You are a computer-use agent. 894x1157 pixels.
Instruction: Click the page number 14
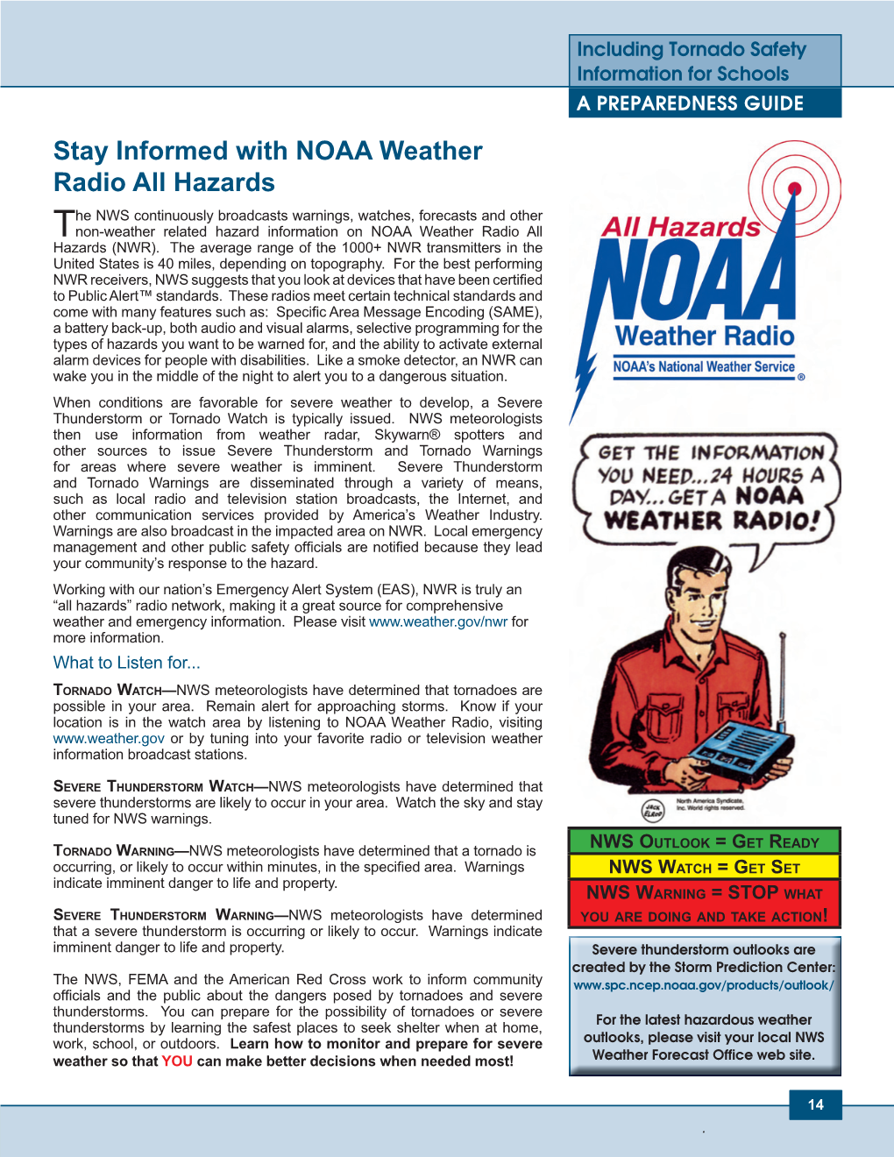click(x=815, y=1104)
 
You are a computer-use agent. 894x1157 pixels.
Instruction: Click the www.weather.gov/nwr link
click(x=438, y=621)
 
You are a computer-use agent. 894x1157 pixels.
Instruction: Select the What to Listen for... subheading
click(x=127, y=663)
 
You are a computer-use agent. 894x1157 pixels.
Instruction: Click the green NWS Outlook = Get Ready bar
click(x=704, y=841)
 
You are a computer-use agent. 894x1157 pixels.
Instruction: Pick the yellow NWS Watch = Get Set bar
click(x=704, y=867)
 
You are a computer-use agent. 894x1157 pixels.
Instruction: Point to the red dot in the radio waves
click(x=795, y=188)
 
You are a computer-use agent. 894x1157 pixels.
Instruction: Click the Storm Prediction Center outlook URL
click(x=704, y=985)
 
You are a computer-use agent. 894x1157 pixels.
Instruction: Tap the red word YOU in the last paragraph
click(x=177, y=1061)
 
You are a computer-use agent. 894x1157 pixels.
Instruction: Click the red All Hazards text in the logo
click(x=681, y=227)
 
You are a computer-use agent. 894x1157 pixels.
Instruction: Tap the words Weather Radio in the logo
click(x=705, y=336)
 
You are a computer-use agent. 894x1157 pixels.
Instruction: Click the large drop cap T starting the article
click(x=63, y=224)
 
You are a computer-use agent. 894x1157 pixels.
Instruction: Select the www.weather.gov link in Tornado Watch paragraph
click(x=109, y=738)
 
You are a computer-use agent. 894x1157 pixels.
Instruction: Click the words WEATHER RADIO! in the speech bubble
click(x=712, y=521)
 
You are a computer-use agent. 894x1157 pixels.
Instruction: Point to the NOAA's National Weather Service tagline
click(x=704, y=367)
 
